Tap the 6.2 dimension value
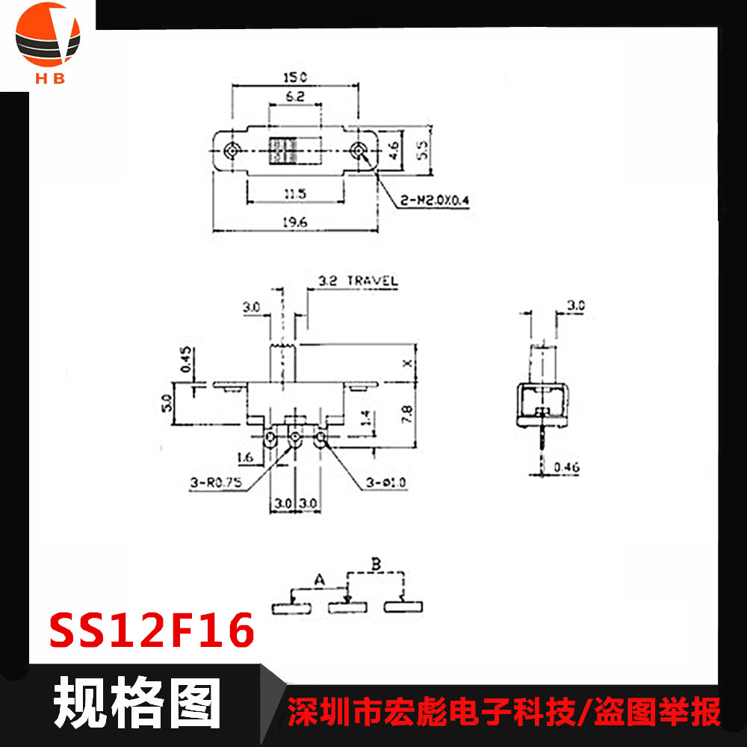point(294,96)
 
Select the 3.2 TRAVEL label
point(357,282)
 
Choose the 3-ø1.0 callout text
point(386,483)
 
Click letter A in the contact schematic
point(319,579)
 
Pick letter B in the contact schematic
point(377,564)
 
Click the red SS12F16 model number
point(152,632)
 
